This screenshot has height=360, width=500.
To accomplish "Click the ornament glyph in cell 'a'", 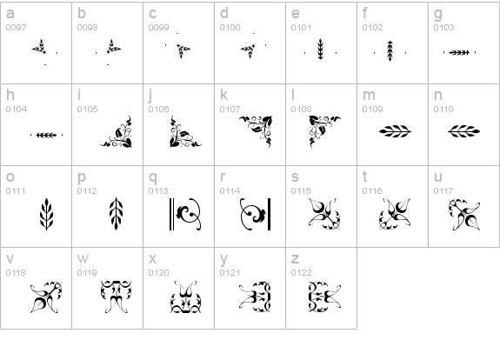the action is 39,47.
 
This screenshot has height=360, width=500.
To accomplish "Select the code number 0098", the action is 87,28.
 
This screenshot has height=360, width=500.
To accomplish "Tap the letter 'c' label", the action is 153,13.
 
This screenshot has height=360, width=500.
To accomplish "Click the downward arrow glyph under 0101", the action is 321,49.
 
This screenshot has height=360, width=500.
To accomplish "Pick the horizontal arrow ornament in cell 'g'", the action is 459,53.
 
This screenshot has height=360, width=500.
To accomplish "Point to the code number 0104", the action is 17,109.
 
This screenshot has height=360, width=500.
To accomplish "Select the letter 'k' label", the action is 223,95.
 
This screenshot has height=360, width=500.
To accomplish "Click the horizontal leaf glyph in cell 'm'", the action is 395,131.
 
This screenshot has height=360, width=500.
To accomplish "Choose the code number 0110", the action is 443,109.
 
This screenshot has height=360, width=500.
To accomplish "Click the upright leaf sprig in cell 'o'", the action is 47,214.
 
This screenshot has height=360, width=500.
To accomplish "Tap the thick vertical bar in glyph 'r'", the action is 270,214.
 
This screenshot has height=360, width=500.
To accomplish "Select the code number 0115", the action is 301,190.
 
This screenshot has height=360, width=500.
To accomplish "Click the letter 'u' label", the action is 438,177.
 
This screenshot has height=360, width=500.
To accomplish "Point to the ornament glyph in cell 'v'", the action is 46,297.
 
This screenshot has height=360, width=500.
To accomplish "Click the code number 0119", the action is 87,273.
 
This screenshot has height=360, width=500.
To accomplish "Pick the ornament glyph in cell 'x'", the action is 185,297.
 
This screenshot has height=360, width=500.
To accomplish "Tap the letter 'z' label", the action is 296,258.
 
